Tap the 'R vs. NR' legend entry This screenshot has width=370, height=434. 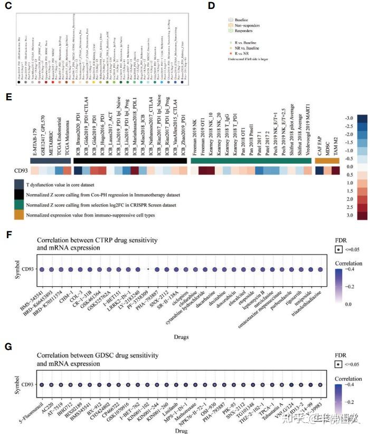click(x=245, y=53)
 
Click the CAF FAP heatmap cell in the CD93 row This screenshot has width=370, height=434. click(x=319, y=171)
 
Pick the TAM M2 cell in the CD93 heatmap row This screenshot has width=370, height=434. click(x=336, y=171)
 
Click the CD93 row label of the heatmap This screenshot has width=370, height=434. click(x=21, y=171)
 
